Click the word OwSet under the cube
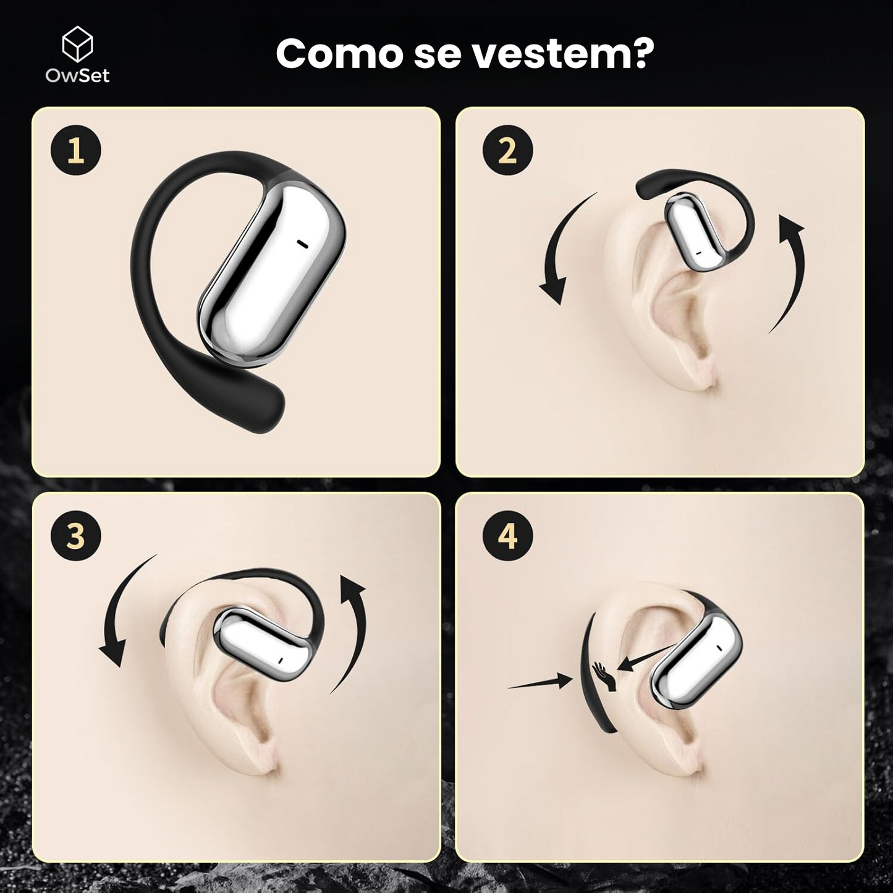(x=77, y=75)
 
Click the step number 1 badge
(x=75, y=150)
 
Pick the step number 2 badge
(x=507, y=150)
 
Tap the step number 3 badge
(x=75, y=536)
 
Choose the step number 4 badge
(x=507, y=536)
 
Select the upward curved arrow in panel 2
(x=791, y=272)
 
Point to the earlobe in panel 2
(x=698, y=371)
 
